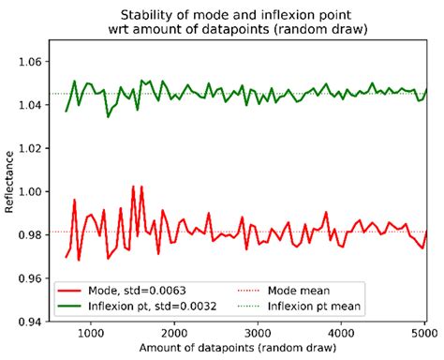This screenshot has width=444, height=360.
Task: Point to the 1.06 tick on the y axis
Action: [35, 61]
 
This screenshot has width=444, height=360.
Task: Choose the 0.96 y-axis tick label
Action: [35, 278]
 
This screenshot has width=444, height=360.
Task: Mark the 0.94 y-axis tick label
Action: [35, 322]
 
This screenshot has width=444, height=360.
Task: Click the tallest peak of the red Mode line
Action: [133, 187]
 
